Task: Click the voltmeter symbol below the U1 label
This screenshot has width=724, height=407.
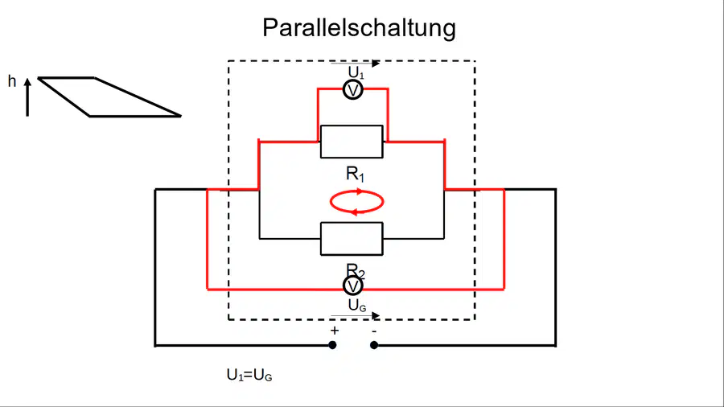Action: click(353, 90)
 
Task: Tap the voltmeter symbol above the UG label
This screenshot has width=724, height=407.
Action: click(353, 286)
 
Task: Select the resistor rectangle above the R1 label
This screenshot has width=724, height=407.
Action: click(352, 142)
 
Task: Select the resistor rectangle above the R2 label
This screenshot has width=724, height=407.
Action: click(352, 239)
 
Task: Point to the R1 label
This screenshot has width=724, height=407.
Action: click(355, 174)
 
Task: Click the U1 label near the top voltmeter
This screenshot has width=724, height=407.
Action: click(356, 72)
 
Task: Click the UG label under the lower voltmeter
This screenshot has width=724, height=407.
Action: click(357, 305)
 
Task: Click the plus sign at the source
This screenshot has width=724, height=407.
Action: click(335, 331)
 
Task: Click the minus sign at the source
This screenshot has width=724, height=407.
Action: click(374, 331)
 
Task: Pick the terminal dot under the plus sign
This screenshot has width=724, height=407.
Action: click(332, 345)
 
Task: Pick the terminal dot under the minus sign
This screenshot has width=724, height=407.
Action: click(374, 345)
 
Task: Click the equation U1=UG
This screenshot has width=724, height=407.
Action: click(249, 375)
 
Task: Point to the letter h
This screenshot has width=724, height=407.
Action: click(12, 81)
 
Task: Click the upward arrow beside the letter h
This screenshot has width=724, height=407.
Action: click(27, 97)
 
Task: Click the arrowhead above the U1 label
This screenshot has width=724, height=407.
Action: click(376, 64)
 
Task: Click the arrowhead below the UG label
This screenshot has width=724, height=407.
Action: click(376, 315)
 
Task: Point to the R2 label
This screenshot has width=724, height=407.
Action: click(355, 271)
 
